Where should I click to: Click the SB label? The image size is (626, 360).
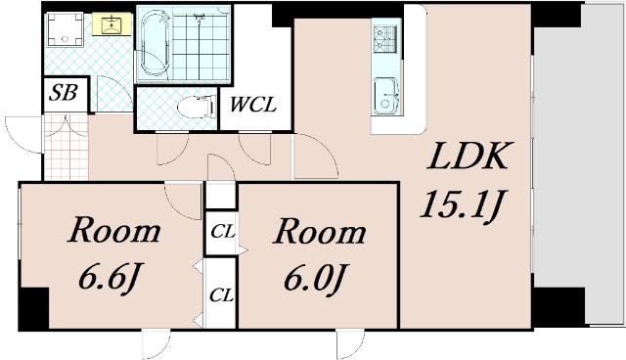click(x=63, y=93)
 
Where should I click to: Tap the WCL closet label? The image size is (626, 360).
click(x=253, y=105)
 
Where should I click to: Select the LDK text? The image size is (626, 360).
click(x=468, y=157)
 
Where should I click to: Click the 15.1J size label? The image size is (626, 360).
click(x=463, y=204)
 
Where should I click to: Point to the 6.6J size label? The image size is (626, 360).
click(x=111, y=277)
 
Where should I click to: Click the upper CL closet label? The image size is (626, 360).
click(x=223, y=232)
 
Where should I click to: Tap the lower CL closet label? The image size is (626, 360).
click(x=222, y=295)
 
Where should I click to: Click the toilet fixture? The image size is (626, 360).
click(x=197, y=107)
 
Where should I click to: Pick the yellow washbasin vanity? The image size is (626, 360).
click(x=112, y=23)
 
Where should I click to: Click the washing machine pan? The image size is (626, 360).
click(x=66, y=30)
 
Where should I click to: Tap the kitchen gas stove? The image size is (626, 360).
click(x=385, y=39)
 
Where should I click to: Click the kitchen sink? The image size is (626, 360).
click(x=385, y=96)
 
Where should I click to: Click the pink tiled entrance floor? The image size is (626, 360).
click(x=66, y=147)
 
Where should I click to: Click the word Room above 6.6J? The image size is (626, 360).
click(x=114, y=230)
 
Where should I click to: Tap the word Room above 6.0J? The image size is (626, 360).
click(x=320, y=231)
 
